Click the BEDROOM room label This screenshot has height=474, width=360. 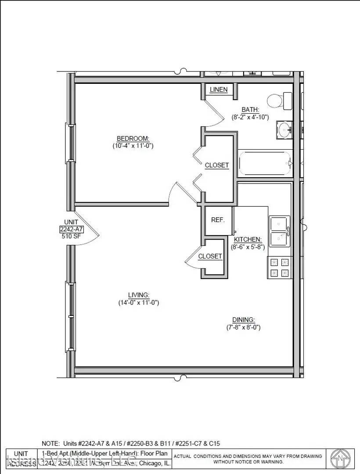tap(133, 138)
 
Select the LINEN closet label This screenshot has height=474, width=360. tap(218, 90)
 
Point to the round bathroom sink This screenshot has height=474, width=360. tap(284, 130)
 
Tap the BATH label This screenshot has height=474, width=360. tap(250, 110)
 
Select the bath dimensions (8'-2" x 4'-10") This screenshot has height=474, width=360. tap(250, 117)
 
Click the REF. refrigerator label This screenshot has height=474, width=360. tap(218, 220)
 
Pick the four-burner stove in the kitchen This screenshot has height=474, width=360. tap(280, 267)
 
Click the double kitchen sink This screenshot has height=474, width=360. tap(280, 231)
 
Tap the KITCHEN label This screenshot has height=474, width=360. tap(248, 240)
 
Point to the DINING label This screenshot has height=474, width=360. tap(244, 320)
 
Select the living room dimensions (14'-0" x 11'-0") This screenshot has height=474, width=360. tap(138, 302)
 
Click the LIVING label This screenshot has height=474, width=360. tap(139, 295)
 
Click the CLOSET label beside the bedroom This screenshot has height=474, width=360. tap(217, 165)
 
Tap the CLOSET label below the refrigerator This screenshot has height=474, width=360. tap(210, 256)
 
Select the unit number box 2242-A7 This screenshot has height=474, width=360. tap(71, 230)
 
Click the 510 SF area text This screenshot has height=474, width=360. tap(71, 236)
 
